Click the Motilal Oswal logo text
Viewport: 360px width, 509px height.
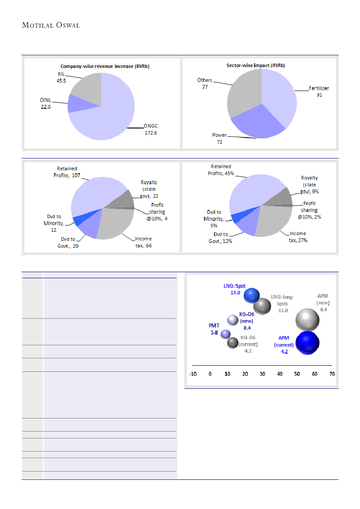pyautogui.click(x=51, y=25)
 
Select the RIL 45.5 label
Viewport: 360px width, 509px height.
pyautogui.click(x=61, y=78)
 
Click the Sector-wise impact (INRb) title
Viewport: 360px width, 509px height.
pyautogui.click(x=259, y=65)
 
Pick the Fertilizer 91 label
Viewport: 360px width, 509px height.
pyautogui.click(x=319, y=91)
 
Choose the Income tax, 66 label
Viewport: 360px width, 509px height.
pyautogui.click(x=143, y=242)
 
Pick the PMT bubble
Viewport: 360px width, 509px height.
pyautogui.click(x=225, y=334)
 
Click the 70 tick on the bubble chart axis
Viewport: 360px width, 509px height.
pyautogui.click(x=332, y=374)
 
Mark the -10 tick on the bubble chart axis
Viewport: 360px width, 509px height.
pyautogui.click(x=192, y=374)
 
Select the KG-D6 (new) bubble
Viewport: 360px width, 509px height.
pyautogui.click(x=233, y=320)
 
